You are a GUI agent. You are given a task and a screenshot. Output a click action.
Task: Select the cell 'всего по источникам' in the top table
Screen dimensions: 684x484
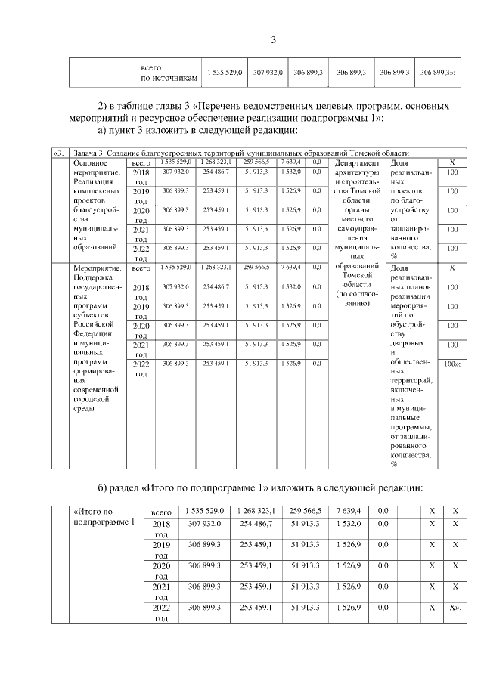[169, 73]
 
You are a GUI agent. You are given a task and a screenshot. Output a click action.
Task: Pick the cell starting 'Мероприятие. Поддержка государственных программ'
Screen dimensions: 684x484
[97, 340]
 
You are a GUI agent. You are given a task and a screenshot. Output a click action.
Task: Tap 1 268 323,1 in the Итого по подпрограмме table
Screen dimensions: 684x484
[257, 512]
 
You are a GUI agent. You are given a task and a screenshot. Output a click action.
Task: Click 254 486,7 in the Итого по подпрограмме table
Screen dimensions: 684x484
[257, 524]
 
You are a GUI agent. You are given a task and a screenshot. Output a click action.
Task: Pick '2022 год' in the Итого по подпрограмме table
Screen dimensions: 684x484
[162, 613]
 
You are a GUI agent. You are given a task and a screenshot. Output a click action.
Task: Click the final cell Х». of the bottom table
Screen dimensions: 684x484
[455, 608]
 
